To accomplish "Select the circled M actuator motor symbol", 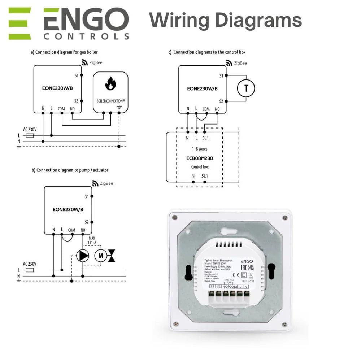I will click(101, 256).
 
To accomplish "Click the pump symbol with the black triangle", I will click(83, 256).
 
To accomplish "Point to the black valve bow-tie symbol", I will click(113, 256).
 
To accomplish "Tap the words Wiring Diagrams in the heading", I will click(226, 19).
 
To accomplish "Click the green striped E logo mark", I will click(20, 23).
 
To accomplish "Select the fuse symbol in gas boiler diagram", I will click(30, 135).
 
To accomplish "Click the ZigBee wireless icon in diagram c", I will click(229, 63).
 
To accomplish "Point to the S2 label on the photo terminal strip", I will click(212, 287).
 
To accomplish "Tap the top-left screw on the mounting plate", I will click(175, 217).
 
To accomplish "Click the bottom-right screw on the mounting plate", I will click(285, 323).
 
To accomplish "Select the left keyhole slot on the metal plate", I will click(188, 273).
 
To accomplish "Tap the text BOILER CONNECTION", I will click(110, 101).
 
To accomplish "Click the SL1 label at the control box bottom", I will click(205, 176).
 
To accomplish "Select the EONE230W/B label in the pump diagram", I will click(68, 209).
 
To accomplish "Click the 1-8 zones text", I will click(200, 148).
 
